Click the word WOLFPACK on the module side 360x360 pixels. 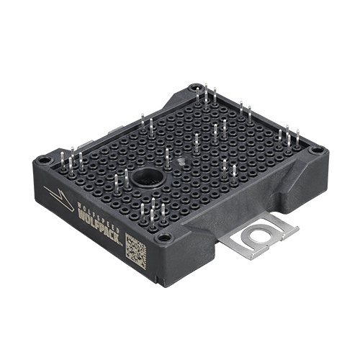(x=98, y=222)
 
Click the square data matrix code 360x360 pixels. (x=135, y=250)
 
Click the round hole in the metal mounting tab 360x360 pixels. (x=257, y=237)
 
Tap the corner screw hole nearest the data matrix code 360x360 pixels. (x=164, y=237)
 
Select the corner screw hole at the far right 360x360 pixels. (x=315, y=150)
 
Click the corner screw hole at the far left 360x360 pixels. (x=45, y=159)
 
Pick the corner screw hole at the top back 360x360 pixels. (x=194, y=89)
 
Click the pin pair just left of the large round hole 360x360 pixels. (x=121, y=179)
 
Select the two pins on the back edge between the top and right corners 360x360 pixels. (x=246, y=112)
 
